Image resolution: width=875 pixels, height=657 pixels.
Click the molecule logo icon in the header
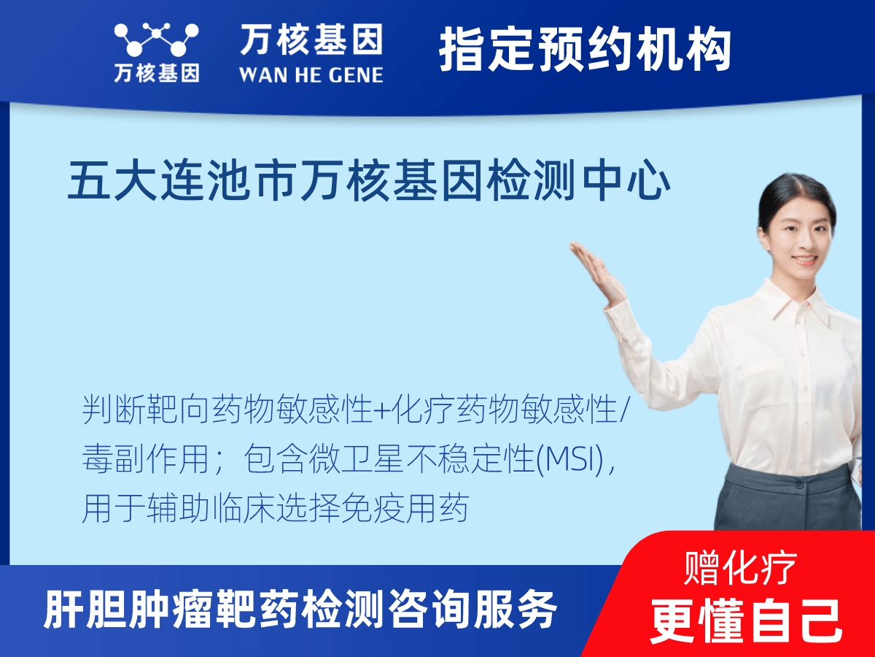coord(157,40)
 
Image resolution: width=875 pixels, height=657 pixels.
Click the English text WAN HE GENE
coord(311,74)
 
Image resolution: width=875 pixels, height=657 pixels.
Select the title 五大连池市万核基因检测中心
coord(369,182)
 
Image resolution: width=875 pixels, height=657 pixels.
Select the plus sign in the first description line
coord(382,413)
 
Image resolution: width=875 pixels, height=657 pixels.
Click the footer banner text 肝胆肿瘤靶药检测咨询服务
coord(300,610)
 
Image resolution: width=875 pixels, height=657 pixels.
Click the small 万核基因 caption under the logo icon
coord(157,72)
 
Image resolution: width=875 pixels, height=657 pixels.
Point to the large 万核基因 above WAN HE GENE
coord(311,40)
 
